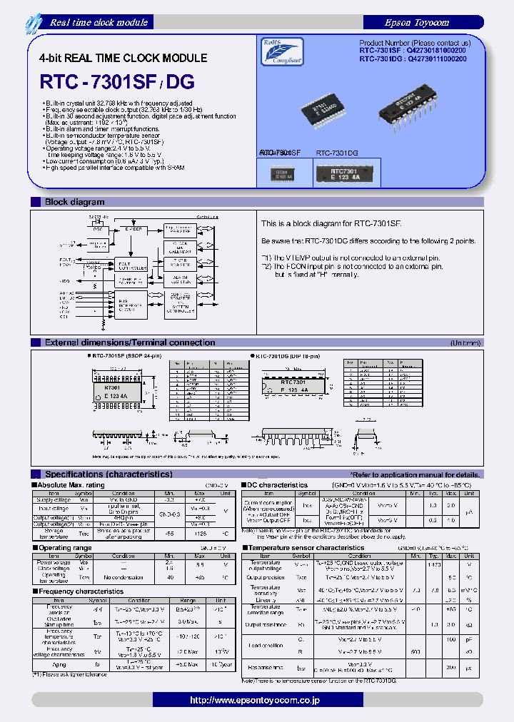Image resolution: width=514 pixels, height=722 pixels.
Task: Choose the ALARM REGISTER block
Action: [x=180, y=279]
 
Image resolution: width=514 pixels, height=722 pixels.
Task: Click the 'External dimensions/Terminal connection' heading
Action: [x=129, y=342]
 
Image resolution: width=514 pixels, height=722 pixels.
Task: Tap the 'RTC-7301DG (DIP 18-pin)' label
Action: [x=288, y=355]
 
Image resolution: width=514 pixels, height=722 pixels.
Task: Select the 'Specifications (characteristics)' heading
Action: [x=108, y=474]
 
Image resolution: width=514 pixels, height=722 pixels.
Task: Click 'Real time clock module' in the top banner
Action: [x=99, y=22]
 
